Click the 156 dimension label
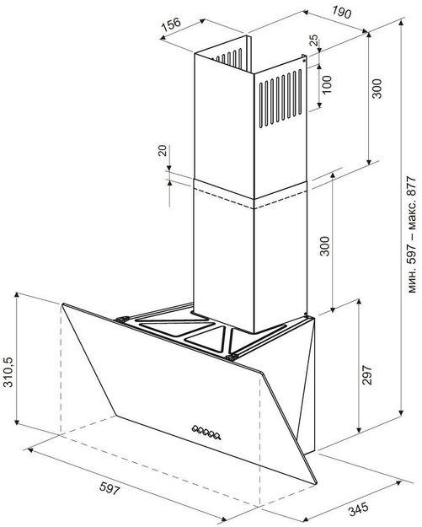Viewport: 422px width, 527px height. pyautogui.click(x=171, y=24)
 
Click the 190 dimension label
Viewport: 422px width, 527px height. pyautogui.click(x=342, y=12)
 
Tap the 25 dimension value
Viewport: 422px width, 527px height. pyautogui.click(x=313, y=40)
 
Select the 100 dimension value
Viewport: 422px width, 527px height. pyautogui.click(x=326, y=84)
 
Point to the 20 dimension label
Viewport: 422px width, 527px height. pyautogui.click(x=163, y=151)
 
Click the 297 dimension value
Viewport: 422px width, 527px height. pyautogui.click(x=367, y=374)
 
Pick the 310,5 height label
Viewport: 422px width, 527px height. pyautogui.click(x=9, y=372)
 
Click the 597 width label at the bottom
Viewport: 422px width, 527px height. pyautogui.click(x=110, y=487)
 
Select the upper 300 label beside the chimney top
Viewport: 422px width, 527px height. pyautogui.click(x=377, y=89)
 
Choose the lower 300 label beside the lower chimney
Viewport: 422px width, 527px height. pyautogui.click(x=324, y=246)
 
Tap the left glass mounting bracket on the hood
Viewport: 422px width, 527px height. pyautogui.click(x=122, y=319)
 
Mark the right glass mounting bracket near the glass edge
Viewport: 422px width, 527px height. pyautogui.click(x=231, y=357)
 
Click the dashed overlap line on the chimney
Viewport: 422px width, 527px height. pyautogui.click(x=250, y=199)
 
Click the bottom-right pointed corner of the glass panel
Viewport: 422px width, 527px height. pyautogui.click(x=316, y=484)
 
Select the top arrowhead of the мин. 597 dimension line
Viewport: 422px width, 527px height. pyautogui.click(x=400, y=23)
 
